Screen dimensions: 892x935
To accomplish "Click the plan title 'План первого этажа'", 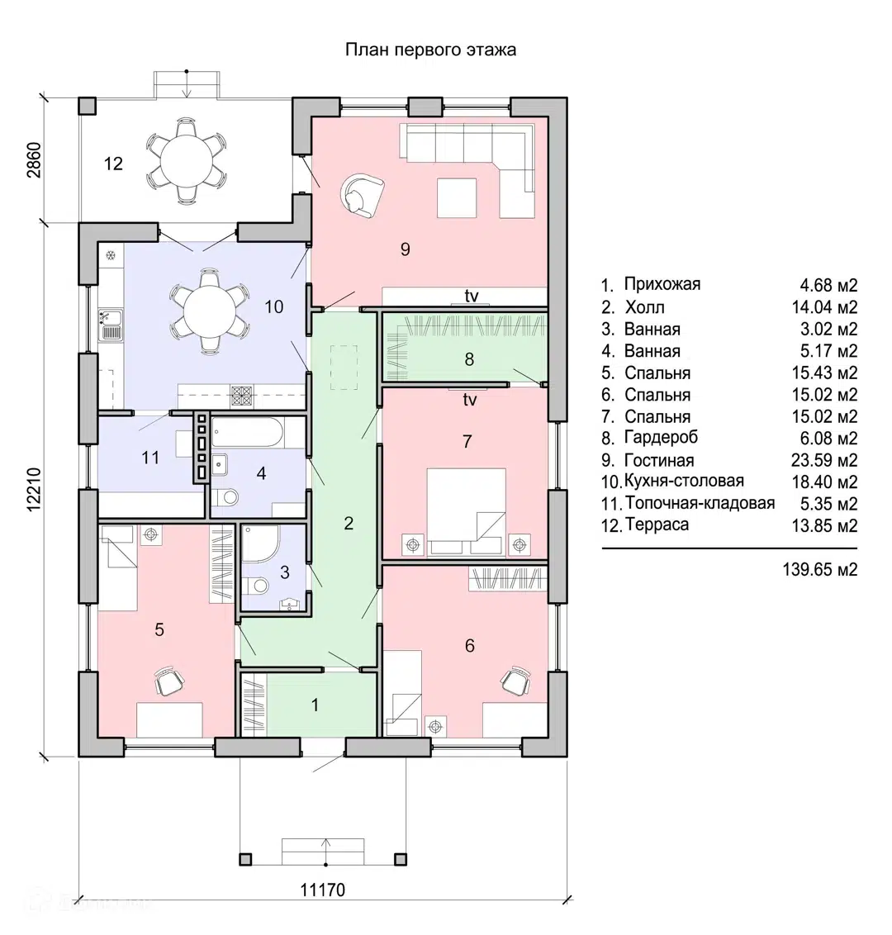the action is click(430, 50).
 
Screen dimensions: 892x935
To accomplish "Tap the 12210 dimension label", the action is click(34, 489).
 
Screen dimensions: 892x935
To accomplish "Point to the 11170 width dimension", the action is click(323, 890).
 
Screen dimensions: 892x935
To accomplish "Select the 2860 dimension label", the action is click(34, 159).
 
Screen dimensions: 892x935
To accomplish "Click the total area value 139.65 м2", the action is click(820, 569).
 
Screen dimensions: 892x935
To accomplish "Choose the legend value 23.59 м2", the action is click(824, 460).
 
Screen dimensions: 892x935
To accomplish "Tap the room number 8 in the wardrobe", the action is click(469, 359).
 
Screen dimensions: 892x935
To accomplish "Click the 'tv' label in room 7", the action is click(470, 400).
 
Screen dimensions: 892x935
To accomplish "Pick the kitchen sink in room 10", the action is click(111, 325).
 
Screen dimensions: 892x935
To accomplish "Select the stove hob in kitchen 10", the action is click(241, 396).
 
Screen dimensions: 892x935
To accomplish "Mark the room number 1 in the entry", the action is click(315, 705).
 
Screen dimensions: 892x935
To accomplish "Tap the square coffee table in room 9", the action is click(457, 198).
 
